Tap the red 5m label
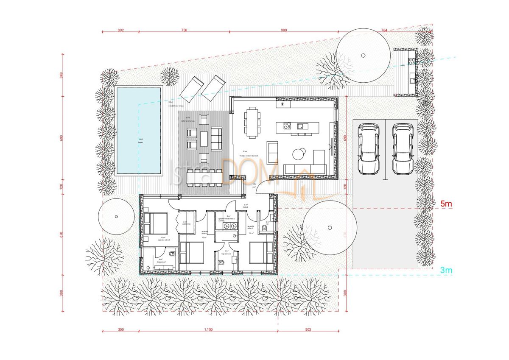point(446,204)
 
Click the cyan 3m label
point(446,270)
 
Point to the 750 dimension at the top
point(184,30)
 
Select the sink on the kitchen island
point(302,126)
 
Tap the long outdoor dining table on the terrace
point(204,177)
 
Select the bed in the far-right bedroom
point(260,252)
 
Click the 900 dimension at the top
point(284,30)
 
